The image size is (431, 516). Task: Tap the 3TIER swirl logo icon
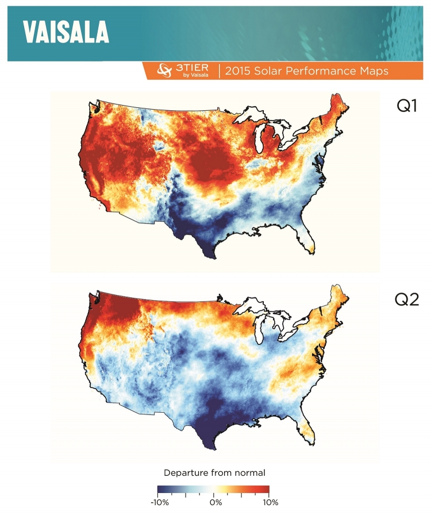[165, 71]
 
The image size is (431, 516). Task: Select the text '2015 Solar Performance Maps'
[307, 71]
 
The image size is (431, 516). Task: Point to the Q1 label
[406, 106]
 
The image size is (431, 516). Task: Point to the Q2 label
[406, 299]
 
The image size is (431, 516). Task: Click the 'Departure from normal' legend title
[214, 473]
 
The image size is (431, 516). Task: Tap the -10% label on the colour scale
[159, 502]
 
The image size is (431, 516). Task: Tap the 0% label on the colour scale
[215, 502]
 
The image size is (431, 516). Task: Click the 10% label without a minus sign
[270, 502]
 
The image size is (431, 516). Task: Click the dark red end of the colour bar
[265, 490]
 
